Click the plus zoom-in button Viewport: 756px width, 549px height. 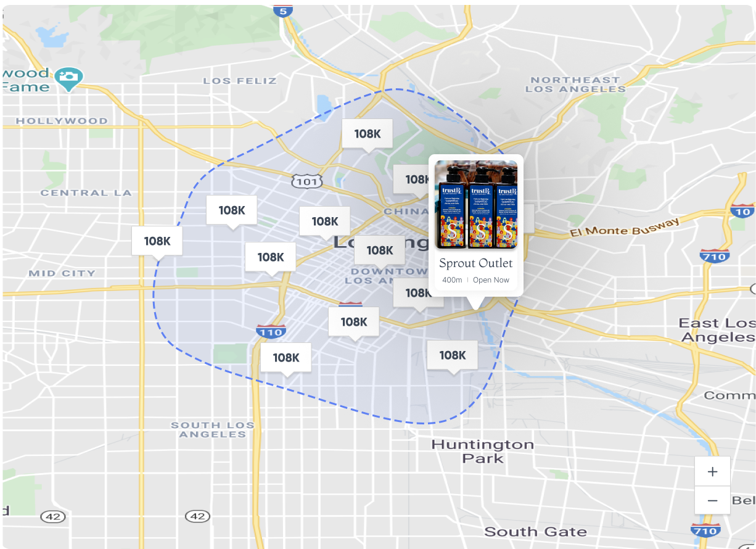point(712,472)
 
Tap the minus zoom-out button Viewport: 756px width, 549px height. point(712,500)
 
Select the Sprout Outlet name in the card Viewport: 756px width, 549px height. point(475,263)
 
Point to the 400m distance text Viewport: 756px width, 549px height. point(452,280)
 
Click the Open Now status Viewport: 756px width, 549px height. point(491,280)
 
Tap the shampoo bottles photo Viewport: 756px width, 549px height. point(476,205)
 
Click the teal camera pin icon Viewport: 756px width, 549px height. point(69,78)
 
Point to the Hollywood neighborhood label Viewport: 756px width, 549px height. point(62,121)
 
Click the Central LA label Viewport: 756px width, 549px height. point(86,193)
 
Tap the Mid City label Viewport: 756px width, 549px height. point(62,273)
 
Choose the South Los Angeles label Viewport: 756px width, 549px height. point(213,429)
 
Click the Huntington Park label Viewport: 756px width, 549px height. point(482,451)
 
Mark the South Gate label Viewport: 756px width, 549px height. point(535,532)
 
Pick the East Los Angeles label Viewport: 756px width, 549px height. point(717,330)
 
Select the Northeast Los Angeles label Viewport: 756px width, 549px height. point(575,85)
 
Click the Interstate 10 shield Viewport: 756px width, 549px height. point(742,210)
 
